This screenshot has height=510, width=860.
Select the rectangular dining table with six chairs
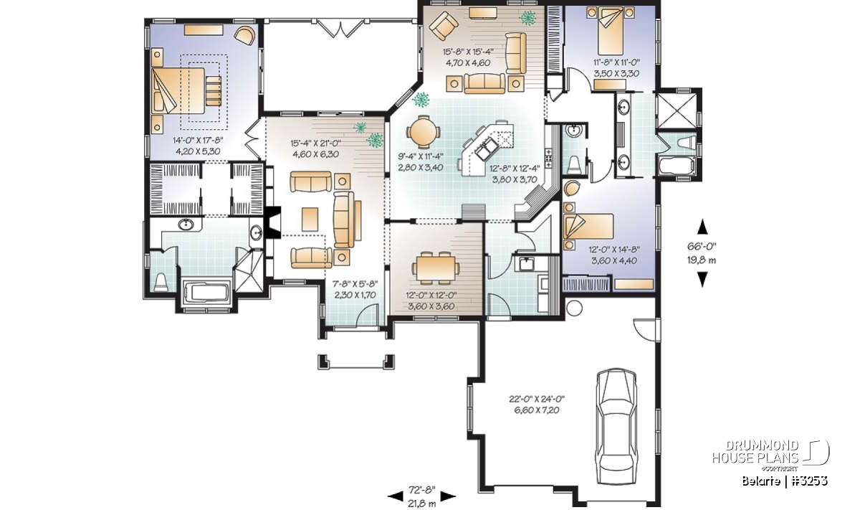(435, 268)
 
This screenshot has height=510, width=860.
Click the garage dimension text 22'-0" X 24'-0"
(536, 400)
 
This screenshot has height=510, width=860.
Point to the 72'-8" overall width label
(422, 490)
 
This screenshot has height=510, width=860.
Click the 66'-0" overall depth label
(702, 246)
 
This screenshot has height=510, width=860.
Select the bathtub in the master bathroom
(206, 294)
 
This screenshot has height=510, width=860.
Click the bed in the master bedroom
(178, 90)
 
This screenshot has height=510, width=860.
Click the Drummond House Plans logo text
(755, 451)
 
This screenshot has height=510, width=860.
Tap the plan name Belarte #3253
(785, 481)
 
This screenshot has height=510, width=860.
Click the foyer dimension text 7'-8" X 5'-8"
(355, 284)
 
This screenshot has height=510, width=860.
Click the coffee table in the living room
(310, 219)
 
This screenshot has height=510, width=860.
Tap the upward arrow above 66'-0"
(702, 227)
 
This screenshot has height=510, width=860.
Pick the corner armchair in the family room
(444, 26)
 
